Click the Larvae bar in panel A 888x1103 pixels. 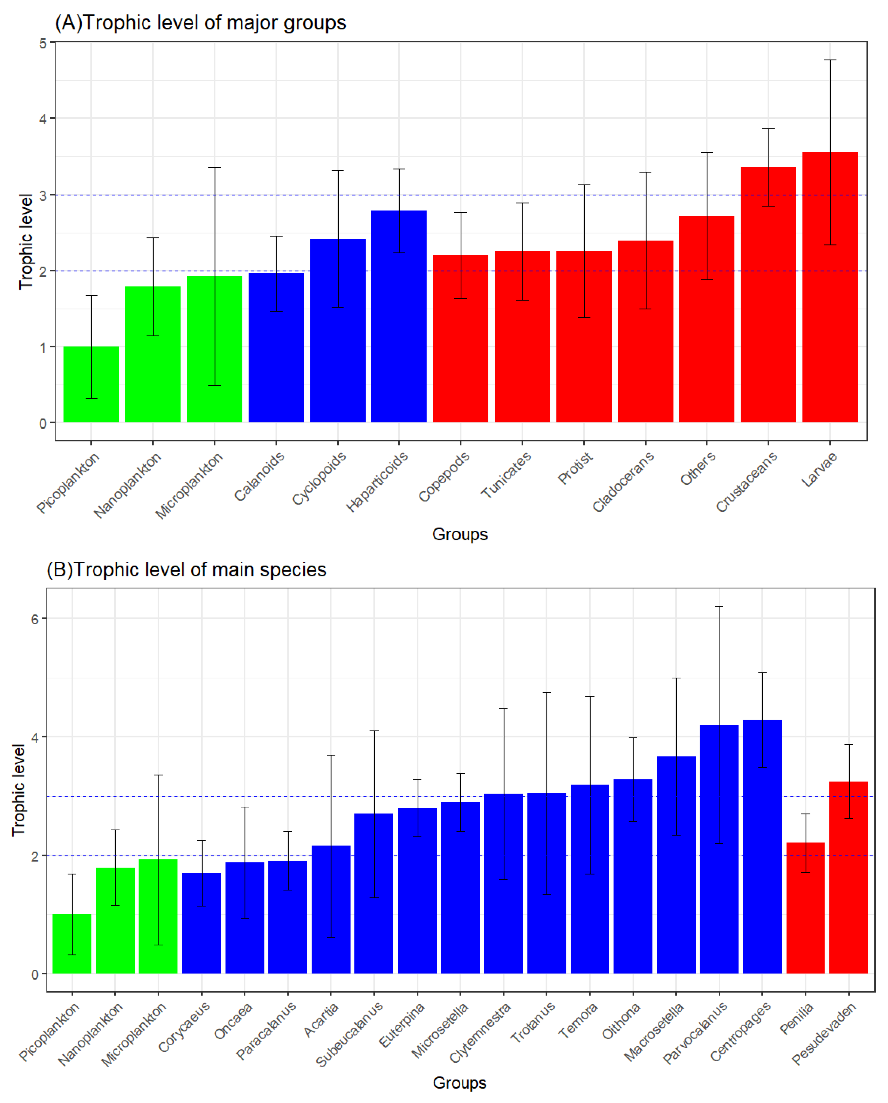(830, 307)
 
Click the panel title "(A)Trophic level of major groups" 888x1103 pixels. (201, 23)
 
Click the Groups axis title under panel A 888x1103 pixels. (460, 534)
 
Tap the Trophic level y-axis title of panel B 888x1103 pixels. (19, 790)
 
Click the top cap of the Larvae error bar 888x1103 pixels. (830, 60)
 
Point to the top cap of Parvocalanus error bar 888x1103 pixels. (719, 607)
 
